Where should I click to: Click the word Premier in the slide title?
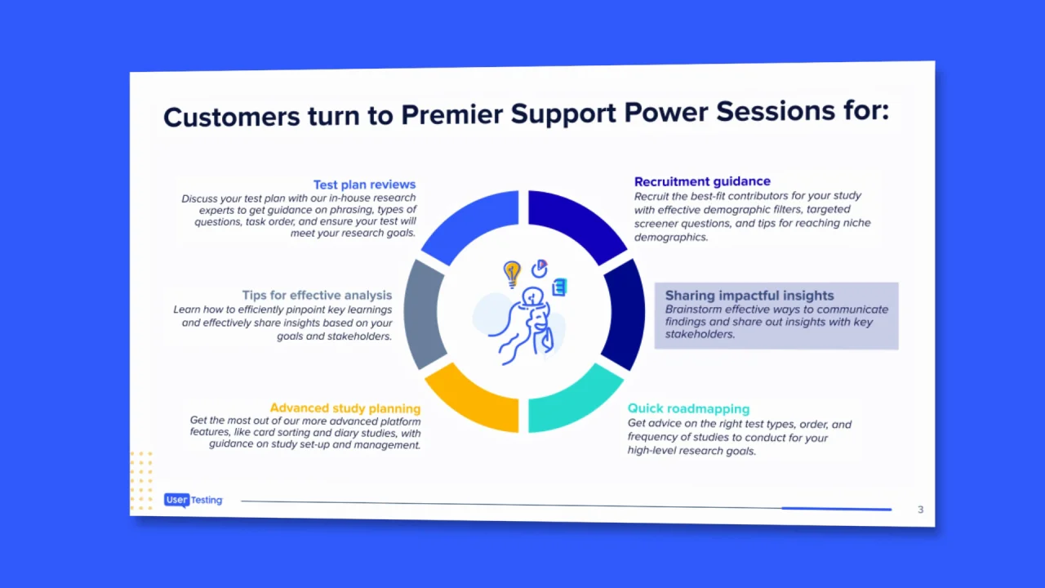[451, 114]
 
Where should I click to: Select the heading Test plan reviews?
[364, 185]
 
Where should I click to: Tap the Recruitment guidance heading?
[702, 181]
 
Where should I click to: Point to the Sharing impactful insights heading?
[749, 296]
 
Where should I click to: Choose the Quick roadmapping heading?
[688, 408]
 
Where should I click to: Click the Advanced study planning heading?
[345, 408]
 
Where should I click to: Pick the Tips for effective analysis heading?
[317, 295]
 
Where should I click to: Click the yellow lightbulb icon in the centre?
[512, 274]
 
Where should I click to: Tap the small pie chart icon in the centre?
[540, 269]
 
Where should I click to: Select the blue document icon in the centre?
[559, 287]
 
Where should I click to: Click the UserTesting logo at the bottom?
[193, 500]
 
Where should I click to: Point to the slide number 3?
[920, 510]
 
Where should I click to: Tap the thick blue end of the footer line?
[837, 509]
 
